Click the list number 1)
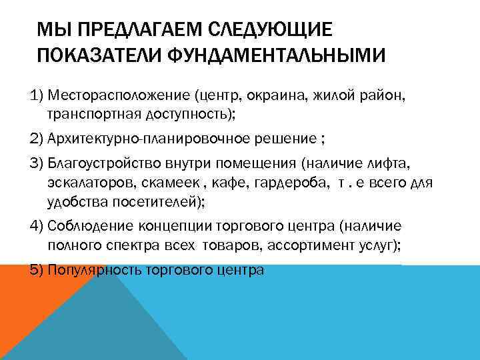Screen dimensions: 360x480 coord(38,96)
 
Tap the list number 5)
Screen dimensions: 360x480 coord(38,271)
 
